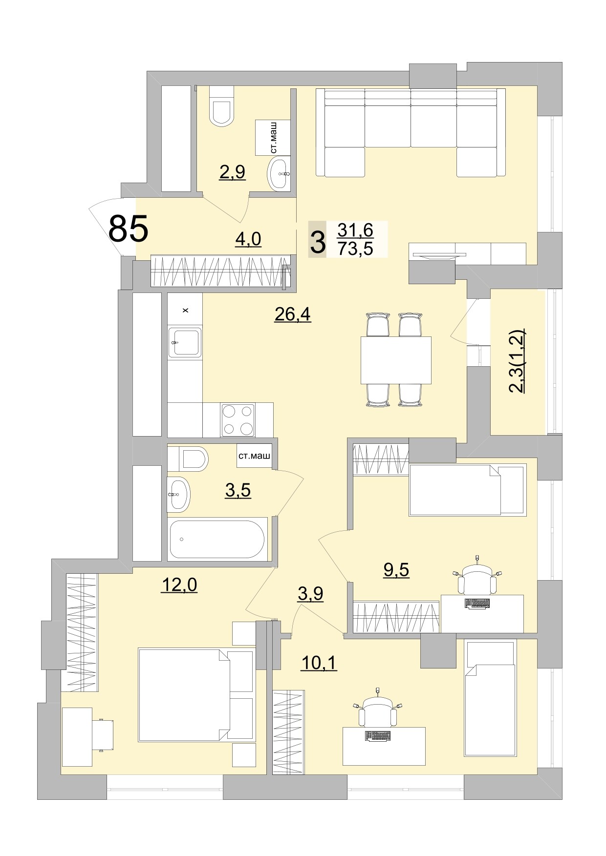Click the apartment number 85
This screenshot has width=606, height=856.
[x=128, y=229]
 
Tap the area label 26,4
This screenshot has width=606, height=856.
[x=293, y=315]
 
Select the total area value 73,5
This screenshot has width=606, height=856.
[x=355, y=249]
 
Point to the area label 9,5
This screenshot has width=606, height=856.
[x=396, y=570]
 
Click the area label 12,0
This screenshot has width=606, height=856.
[x=179, y=585]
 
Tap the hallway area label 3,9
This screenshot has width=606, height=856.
[x=310, y=594]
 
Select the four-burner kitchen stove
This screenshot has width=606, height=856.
[x=238, y=419]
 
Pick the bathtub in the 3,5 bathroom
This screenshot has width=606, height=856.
[x=217, y=539]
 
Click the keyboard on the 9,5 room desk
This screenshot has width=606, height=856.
[x=476, y=604]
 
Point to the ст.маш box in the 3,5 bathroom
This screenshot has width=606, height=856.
[x=254, y=457]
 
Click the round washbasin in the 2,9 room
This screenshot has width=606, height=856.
[x=280, y=173]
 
